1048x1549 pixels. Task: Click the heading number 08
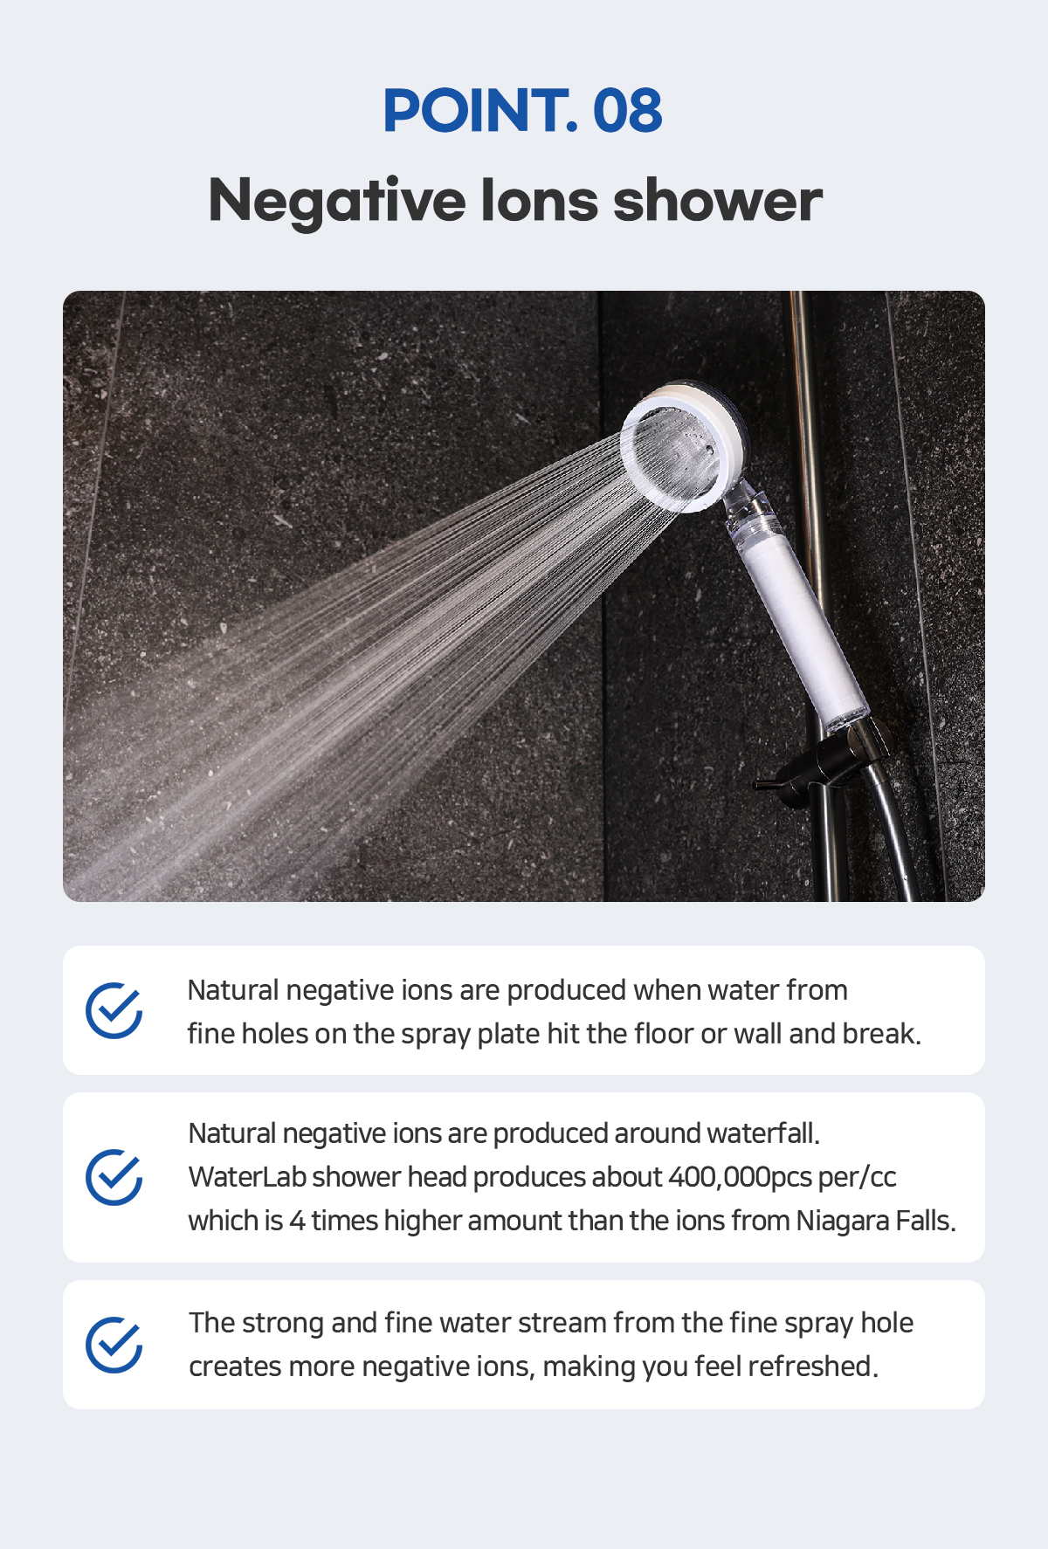click(x=627, y=110)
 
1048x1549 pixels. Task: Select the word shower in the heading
click(x=717, y=200)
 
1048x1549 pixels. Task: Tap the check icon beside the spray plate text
click(x=114, y=1010)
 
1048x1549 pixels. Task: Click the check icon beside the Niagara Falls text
click(x=114, y=1177)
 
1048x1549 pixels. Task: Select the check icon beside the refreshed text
click(x=114, y=1345)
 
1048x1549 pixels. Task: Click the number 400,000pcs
click(x=741, y=1177)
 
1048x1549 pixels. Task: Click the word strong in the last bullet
click(x=283, y=1324)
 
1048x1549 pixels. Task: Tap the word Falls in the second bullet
click(x=926, y=1221)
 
